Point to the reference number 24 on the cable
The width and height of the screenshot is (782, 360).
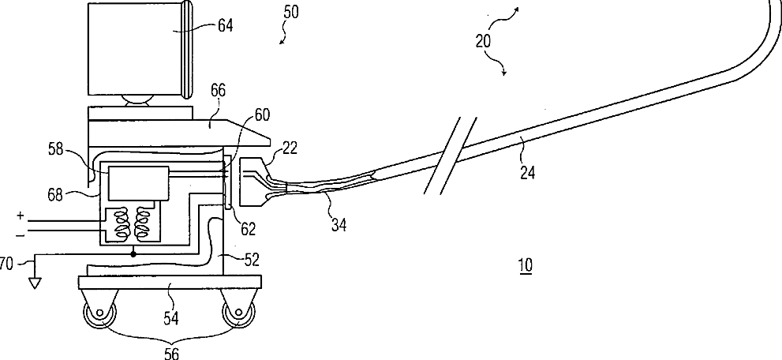pos(528,172)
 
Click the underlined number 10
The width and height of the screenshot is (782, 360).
pos(524,267)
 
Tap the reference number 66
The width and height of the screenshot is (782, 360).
pos(217,92)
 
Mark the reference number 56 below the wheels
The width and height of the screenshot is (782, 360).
pos(170,353)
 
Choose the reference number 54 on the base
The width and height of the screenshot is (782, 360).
pos(171,317)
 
